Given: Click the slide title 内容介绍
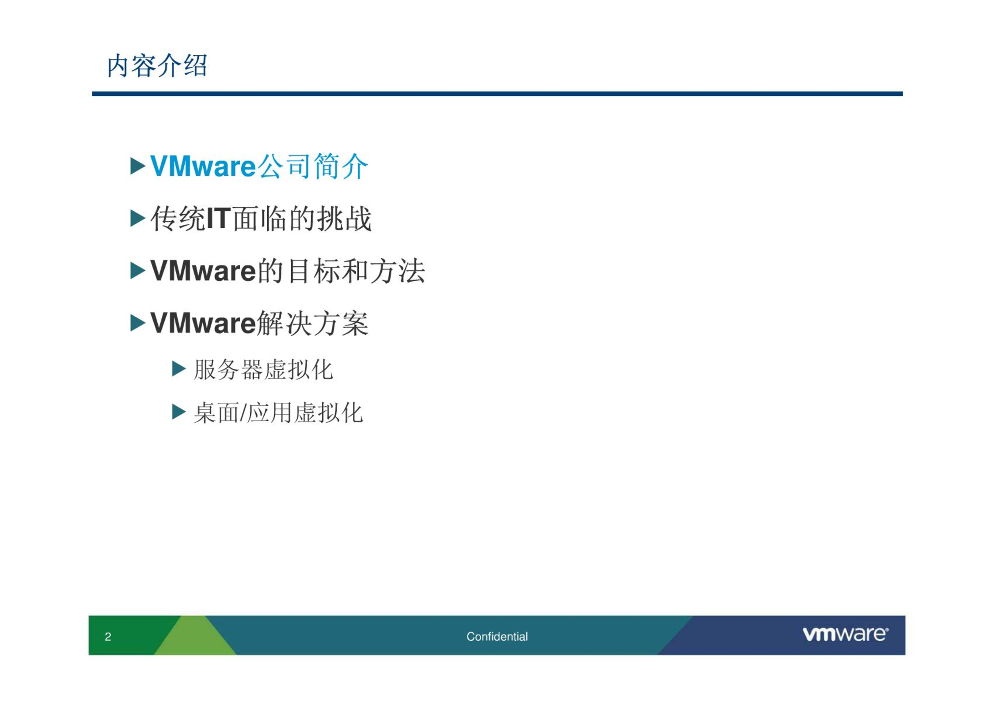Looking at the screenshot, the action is pos(157,66).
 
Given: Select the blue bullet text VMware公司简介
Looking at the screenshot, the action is pos(259,167).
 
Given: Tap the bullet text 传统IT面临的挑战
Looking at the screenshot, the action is pos(261,219).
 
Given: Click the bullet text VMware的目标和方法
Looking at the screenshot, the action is pos(288,271).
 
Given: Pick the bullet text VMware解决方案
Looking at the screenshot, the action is pos(259,323).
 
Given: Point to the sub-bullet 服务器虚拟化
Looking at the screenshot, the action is pos(263,370).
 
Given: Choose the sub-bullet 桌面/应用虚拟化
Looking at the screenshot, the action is pos(278,413).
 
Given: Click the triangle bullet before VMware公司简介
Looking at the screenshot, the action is pos(138,166).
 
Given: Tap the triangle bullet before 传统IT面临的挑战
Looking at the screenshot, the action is pos(138,218).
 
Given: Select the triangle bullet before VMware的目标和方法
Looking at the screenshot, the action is pos(138,271).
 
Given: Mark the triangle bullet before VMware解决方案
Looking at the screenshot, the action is pos(138,323).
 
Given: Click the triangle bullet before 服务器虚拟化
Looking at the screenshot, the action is pos(178,368).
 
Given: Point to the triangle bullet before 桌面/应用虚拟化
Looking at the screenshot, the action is pos(178,412).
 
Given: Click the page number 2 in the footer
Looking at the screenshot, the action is pos(108,636).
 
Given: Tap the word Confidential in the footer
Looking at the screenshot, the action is pos(497,636).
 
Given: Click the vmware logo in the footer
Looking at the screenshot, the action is pos(845,634).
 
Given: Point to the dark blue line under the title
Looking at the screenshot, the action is pos(497,94).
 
